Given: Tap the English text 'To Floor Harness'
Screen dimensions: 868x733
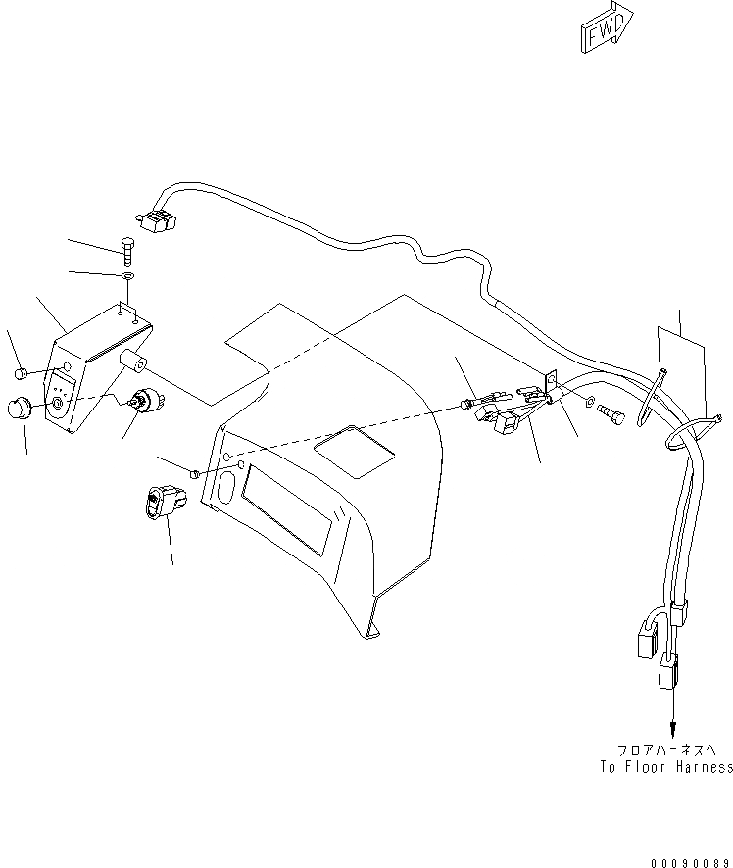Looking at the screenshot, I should pos(666,767).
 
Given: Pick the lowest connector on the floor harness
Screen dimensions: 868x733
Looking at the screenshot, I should pos(669,675).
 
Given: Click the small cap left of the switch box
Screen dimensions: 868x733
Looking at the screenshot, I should pos(20,372).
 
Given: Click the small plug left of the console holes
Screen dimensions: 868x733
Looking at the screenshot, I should pos(194,473).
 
